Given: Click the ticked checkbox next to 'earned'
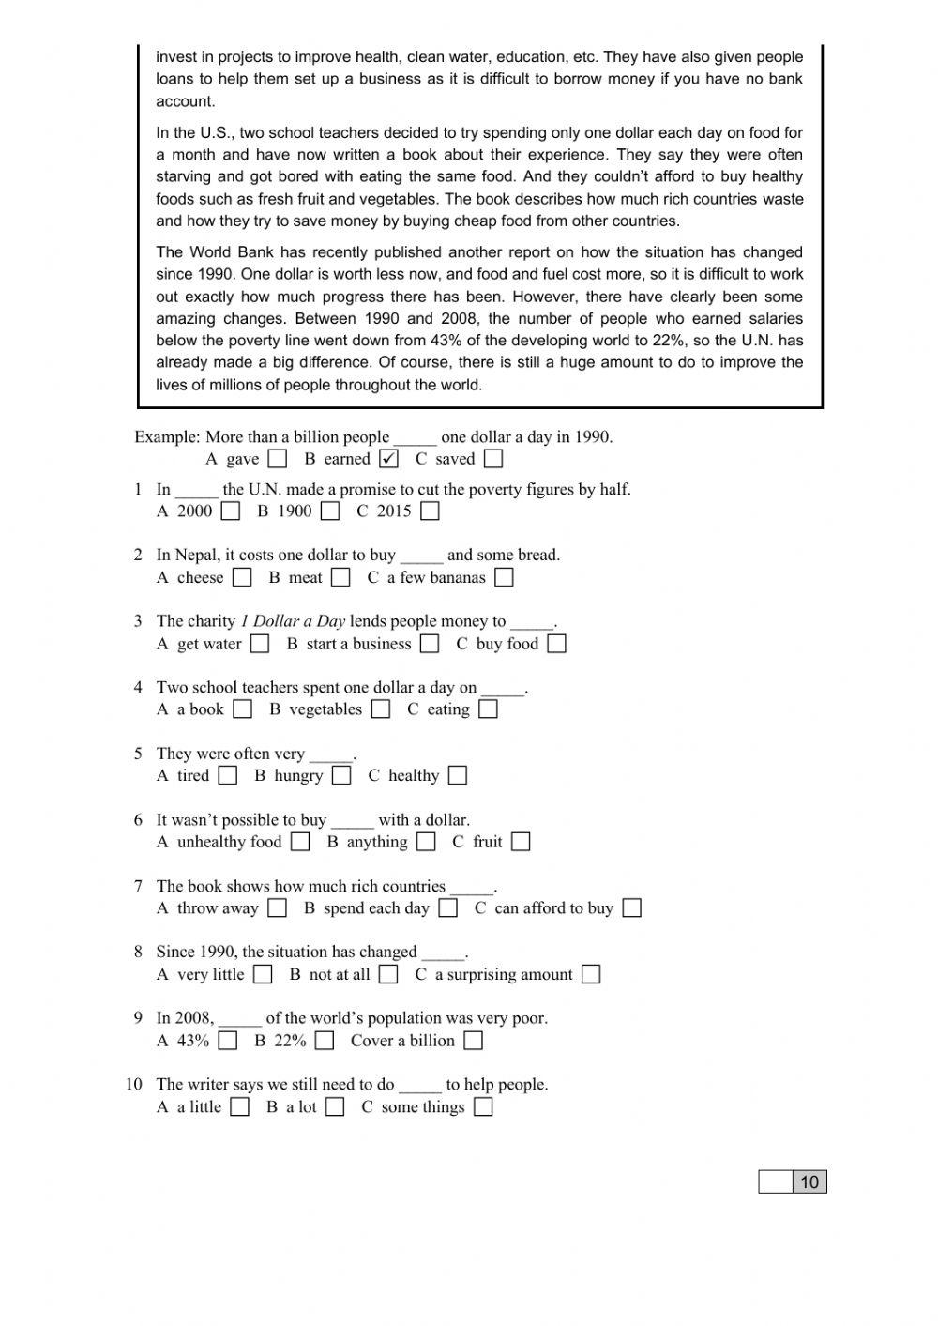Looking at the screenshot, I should point(389,459).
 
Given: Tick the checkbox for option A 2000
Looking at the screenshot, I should point(231,511).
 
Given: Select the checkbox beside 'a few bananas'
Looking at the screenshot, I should point(504,578).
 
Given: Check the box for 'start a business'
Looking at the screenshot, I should point(430,644).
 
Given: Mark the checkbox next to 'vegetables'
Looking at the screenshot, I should point(380,709).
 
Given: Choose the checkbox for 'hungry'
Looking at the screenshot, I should point(341,776).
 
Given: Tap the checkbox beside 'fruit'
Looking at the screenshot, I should point(521,842).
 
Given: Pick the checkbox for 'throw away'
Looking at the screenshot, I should point(277,908).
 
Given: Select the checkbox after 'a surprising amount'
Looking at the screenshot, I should point(591,974).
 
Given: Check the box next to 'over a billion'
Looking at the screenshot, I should point(474,1041).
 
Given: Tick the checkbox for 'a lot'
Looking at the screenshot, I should point(335,1107).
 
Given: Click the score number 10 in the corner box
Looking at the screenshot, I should point(809,1182).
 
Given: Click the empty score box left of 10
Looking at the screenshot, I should point(776,1182).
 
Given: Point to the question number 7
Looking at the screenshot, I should point(138,886).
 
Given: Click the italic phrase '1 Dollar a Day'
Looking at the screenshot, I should point(293,621).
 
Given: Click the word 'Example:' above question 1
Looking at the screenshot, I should point(167,437).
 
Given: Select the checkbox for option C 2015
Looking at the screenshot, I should point(430,511).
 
